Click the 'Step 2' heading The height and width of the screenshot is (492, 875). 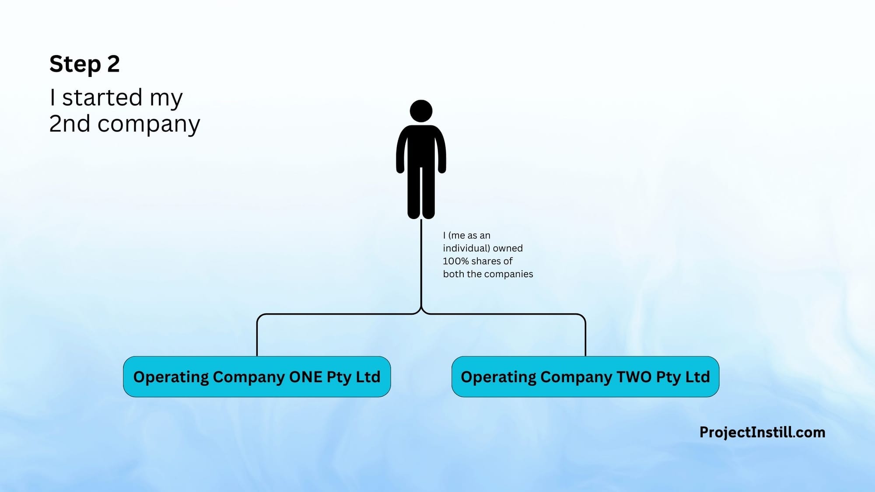[84, 64]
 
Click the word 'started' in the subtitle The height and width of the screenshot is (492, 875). [102, 98]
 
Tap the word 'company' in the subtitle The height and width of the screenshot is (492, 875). [149, 124]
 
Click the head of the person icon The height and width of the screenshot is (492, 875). [421, 111]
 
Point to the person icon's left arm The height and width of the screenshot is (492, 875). [400, 153]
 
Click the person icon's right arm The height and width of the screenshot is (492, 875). [441, 153]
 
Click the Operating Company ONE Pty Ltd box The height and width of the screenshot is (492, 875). [257, 377]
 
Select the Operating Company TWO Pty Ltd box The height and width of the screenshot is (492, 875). [585, 377]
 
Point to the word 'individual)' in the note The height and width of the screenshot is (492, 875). [466, 248]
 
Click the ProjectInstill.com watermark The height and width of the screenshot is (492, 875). [762, 433]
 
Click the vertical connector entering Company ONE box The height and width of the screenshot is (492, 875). [257, 337]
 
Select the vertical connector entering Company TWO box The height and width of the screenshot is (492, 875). [585, 337]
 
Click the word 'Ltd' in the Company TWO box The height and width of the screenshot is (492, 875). [697, 377]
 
